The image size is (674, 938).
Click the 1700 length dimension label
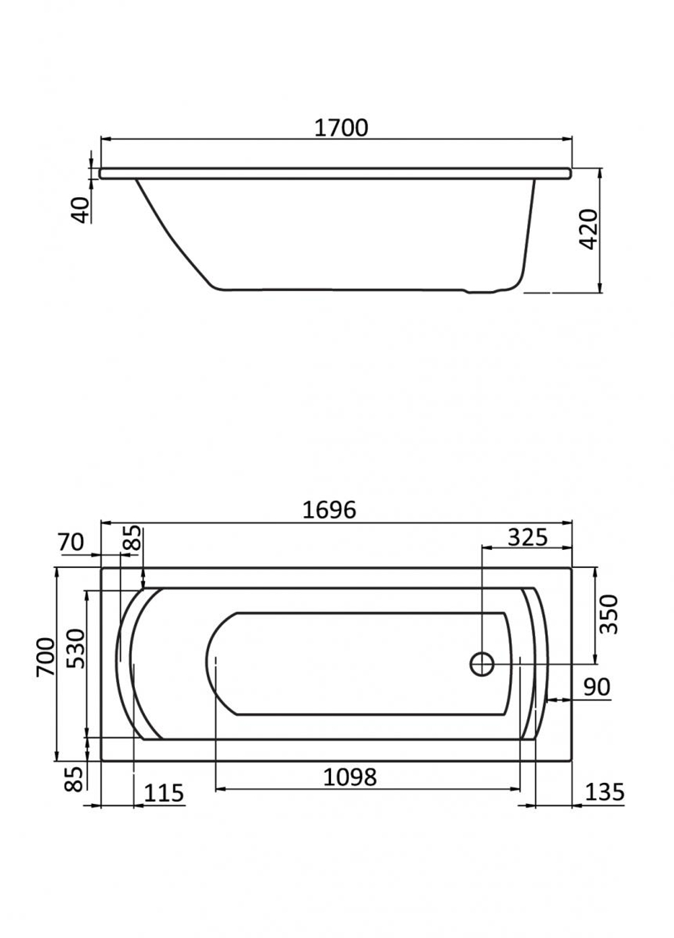(x=341, y=128)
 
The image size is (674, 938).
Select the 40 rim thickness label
(x=82, y=210)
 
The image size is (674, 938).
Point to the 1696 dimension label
(x=330, y=509)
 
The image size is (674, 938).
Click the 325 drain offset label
(x=527, y=537)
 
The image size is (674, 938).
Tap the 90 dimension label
(x=596, y=687)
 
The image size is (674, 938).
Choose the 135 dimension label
(x=604, y=792)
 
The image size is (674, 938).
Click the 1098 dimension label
(x=350, y=777)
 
